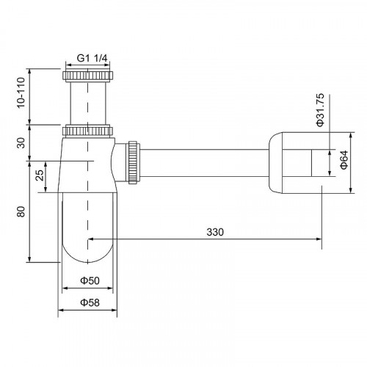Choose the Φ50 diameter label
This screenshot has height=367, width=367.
[x=89, y=281]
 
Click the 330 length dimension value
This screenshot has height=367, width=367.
[x=214, y=232]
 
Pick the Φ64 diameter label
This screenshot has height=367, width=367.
[x=344, y=162]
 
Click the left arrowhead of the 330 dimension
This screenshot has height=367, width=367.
[x=91, y=239]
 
